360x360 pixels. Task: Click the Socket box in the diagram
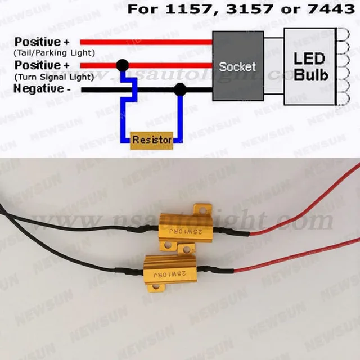pyautogui.click(x=237, y=66)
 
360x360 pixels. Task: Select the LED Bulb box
pyautogui.click(x=309, y=66)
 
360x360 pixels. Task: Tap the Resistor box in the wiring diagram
pyautogui.click(x=152, y=139)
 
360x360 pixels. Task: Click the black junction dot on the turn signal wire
pyautogui.click(x=122, y=65)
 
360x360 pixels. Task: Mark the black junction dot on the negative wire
pyautogui.click(x=180, y=89)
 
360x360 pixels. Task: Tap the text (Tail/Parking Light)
pyautogui.click(x=55, y=53)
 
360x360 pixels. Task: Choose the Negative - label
pyautogui.click(x=43, y=88)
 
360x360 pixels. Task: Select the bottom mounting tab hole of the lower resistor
pyautogui.click(x=159, y=288)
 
